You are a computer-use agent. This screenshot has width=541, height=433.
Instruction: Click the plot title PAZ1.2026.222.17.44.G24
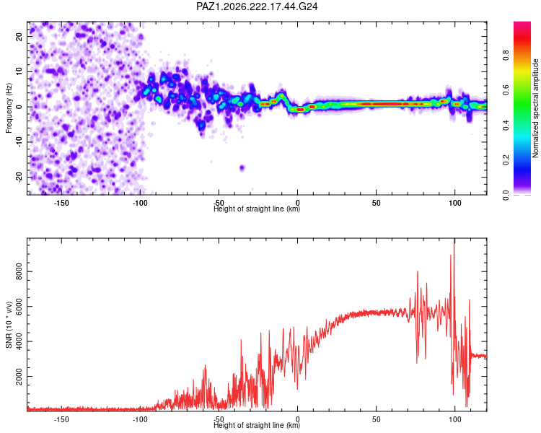point(257,6)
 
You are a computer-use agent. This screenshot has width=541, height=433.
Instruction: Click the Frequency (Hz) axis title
point(9,108)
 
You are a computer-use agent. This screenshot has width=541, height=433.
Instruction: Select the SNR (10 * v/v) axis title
point(9,325)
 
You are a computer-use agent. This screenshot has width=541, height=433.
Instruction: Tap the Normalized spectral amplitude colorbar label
point(535,108)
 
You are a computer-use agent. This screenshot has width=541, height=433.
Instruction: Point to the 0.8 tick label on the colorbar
point(506,55)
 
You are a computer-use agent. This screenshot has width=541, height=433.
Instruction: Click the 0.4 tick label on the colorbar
point(506,125)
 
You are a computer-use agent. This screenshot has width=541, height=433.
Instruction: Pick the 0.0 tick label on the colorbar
point(506,195)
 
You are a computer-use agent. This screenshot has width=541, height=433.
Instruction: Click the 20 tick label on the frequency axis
point(19,36)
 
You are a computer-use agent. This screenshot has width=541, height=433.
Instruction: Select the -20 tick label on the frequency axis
point(19,177)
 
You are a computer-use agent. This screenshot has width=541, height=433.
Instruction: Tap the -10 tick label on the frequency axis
point(19,142)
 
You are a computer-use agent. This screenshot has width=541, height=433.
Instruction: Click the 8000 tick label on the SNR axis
point(19,272)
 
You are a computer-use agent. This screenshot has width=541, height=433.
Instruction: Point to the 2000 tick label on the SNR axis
point(19,377)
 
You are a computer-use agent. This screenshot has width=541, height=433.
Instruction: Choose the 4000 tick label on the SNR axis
point(19,341)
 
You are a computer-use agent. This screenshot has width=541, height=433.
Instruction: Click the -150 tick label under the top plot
point(61,203)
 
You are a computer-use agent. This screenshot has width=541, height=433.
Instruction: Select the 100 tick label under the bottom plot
point(455,419)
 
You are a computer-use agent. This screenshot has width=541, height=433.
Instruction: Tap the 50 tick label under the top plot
point(377,203)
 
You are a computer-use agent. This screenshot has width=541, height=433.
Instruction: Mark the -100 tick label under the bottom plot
point(140,419)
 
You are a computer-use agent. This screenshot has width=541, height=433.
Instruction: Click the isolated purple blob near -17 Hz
point(242,168)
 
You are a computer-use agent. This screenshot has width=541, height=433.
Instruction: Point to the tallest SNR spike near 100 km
point(454,239)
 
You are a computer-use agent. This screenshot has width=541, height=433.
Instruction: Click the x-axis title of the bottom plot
point(257,425)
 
